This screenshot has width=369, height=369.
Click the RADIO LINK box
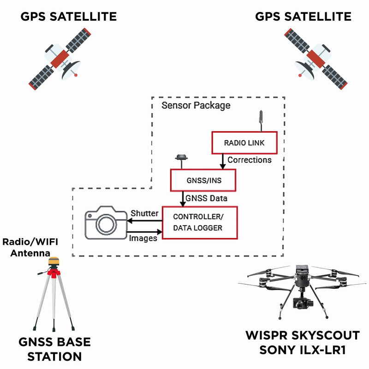pyautogui.click(x=244, y=143)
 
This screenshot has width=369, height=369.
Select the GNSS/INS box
pyautogui.click(x=203, y=180)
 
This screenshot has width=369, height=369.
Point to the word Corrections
pyautogui.click(x=250, y=161)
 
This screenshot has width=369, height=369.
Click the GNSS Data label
pyautogui.click(x=206, y=198)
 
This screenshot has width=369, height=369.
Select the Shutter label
pyautogui.click(x=144, y=213)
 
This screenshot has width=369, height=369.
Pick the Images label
pyautogui.click(x=143, y=238)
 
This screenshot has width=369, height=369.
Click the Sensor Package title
pyautogui.click(x=196, y=106)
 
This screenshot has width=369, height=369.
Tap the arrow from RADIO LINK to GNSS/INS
pyautogui.click(x=223, y=161)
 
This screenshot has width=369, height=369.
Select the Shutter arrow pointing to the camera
pyautogui.click(x=144, y=220)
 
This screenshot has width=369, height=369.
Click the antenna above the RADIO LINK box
pyautogui.click(x=261, y=119)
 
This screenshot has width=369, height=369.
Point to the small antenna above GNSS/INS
pyautogui.click(x=181, y=159)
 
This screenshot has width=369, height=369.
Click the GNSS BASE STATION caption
pyautogui.click(x=54, y=349)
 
